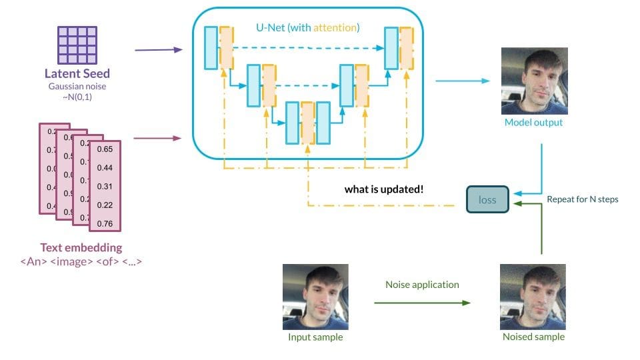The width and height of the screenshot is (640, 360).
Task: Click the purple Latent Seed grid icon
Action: pos(77,45)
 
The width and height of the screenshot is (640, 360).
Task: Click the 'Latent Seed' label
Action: pos(77,74)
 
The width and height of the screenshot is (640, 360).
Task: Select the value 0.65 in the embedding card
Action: pos(105,149)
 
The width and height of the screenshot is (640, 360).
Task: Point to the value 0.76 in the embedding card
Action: pos(105,223)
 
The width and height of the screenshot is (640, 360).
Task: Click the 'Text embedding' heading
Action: pos(81,248)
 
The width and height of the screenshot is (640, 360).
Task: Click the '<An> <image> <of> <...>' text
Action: pos(81,261)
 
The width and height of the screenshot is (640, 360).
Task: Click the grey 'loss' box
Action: pos(487,199)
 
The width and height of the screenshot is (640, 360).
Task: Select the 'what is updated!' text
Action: pos(383,189)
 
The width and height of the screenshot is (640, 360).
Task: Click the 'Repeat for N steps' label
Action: pos(582,199)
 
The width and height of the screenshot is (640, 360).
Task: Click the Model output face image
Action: pos(535,80)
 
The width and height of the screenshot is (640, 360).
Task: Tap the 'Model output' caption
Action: pos(533,123)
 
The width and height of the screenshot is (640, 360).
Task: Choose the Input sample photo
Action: pos(315,296)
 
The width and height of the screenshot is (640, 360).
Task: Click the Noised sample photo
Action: pos(533,296)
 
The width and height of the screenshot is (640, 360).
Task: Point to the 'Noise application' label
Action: pos(422,284)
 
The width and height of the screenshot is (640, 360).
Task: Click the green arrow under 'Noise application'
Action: pos(422,303)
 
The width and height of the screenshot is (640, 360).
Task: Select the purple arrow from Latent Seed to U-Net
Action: pos(158,50)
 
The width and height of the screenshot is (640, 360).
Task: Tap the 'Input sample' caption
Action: pos(315,337)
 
